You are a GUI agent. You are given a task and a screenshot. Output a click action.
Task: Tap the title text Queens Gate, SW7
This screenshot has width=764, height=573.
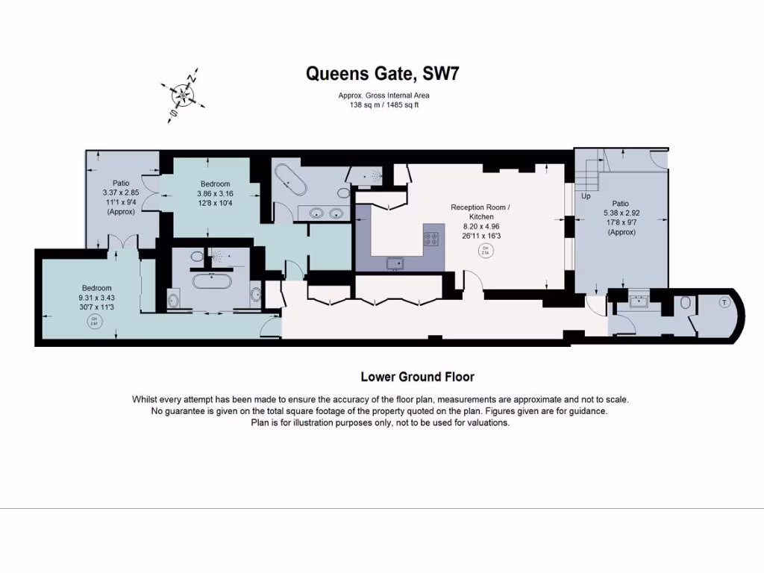pos(387,74)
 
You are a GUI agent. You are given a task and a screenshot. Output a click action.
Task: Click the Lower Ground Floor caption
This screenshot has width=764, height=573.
pos(417,377)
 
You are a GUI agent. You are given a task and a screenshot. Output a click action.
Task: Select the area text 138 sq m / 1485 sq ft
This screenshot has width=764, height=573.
pos(384,105)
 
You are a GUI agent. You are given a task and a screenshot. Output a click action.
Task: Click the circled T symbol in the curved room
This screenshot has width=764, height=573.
pos(723,303)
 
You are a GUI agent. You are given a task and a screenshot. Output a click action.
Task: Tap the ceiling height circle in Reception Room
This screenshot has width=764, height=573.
pos(486,250)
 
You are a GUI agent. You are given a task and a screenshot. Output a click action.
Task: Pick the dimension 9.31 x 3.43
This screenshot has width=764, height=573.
pos(96,297)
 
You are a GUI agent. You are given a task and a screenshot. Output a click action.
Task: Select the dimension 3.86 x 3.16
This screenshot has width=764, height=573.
pos(215,192)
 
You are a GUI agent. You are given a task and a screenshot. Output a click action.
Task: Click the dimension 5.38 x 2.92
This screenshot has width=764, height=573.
pos(621,213)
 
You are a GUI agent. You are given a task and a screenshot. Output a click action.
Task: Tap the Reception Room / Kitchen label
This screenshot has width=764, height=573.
pos(481,211)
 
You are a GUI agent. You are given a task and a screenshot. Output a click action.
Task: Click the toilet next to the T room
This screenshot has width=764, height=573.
pos(686,303)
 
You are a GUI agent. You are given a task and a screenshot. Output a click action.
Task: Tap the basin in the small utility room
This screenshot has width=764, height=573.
pos(640,302)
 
